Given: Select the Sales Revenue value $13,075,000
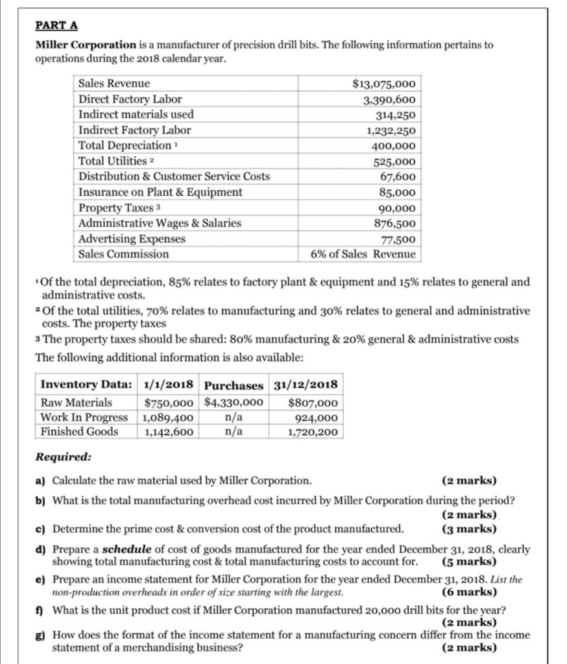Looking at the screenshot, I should tap(383, 84).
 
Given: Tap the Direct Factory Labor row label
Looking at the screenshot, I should tap(130, 99).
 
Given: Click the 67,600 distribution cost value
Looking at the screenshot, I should tap(398, 176).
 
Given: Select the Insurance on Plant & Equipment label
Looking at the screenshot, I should tap(160, 192).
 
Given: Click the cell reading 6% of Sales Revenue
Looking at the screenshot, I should tap(363, 254).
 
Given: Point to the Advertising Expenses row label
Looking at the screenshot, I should tap(132, 239).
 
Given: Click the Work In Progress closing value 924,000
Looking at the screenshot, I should tap(313, 417).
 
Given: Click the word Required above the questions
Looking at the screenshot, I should tap(62, 456).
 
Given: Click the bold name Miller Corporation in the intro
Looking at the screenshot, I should tap(85, 45).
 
